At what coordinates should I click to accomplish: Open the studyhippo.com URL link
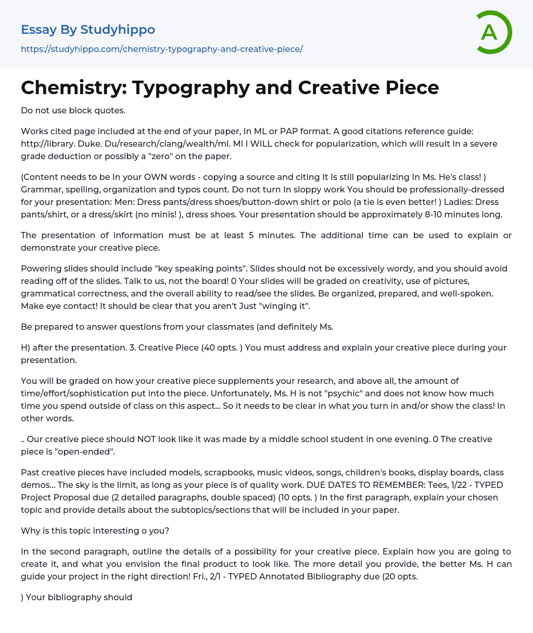point(161,49)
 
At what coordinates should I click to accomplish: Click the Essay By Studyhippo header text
point(88,30)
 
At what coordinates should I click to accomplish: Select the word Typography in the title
point(212,88)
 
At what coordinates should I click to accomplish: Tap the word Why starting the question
point(30,531)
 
